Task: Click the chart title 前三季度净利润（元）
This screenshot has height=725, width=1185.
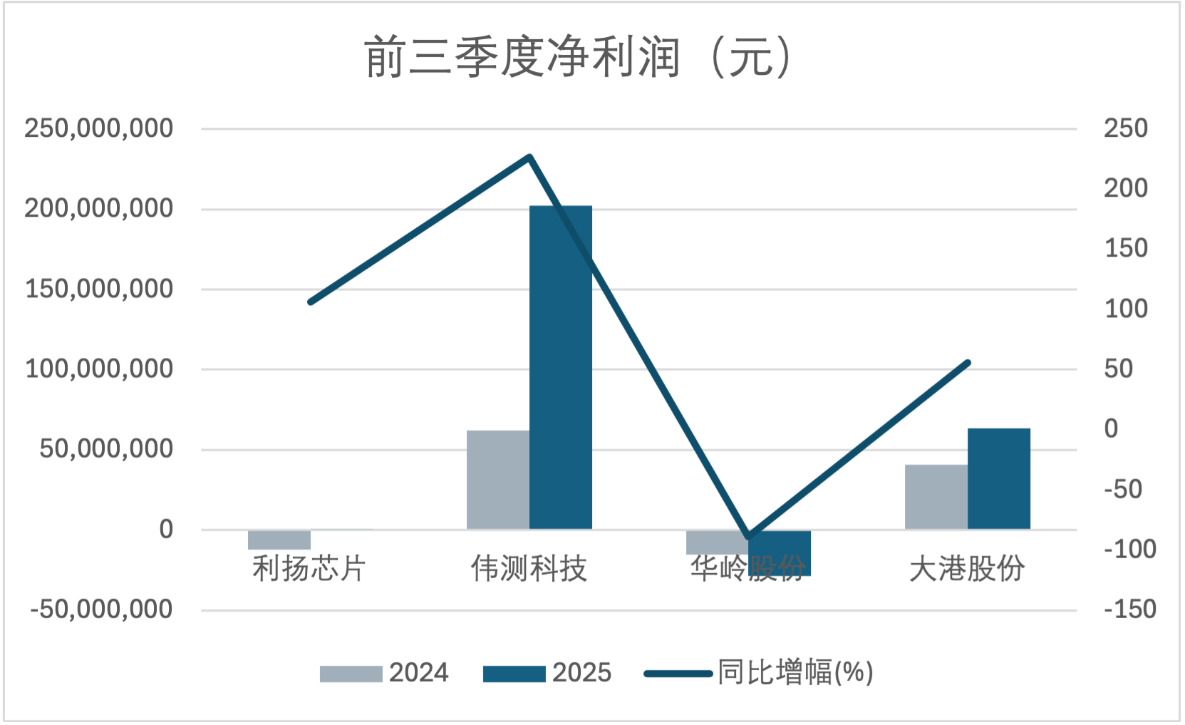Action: click(x=578, y=57)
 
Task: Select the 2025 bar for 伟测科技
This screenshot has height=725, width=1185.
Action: click(x=561, y=367)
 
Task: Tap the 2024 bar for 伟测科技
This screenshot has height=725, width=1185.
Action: click(x=497, y=480)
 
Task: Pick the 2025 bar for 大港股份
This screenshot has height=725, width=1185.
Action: click(x=998, y=478)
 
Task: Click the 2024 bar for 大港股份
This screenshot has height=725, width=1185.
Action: click(x=936, y=497)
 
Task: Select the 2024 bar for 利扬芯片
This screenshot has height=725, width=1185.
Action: click(x=279, y=540)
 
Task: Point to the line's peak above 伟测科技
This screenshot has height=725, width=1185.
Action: click(x=529, y=156)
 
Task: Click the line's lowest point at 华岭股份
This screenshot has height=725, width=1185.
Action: click(x=748, y=537)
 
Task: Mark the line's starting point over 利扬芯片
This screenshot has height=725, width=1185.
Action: click(x=311, y=302)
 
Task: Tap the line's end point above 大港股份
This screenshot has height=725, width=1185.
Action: click(x=968, y=363)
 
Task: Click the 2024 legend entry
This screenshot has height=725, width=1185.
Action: click(x=385, y=673)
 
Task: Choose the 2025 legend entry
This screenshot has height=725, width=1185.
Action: click(x=547, y=673)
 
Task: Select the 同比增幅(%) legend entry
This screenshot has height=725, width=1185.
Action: click(x=759, y=673)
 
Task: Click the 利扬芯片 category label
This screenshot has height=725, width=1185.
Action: click(x=309, y=569)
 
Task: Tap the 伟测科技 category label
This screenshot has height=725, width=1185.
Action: click(x=529, y=569)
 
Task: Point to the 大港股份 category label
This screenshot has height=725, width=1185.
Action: click(x=967, y=569)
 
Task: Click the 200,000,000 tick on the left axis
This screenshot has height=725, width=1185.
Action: click(x=99, y=209)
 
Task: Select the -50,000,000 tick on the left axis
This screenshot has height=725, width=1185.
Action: click(x=101, y=610)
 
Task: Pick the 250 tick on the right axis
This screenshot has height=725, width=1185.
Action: click(x=1126, y=128)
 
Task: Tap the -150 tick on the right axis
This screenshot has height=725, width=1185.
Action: click(x=1129, y=610)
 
